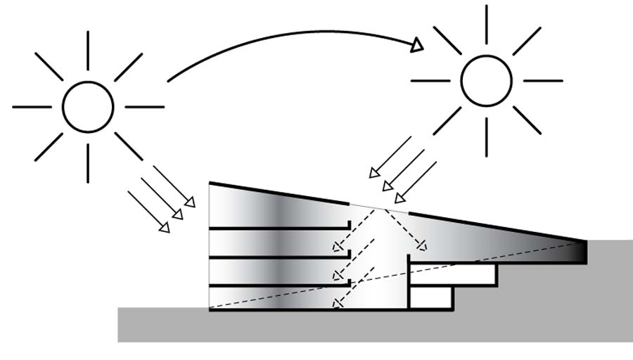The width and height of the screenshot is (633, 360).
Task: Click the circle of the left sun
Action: (88, 107)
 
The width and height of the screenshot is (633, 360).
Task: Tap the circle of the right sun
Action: (486, 81)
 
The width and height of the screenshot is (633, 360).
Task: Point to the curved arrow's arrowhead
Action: (417, 45)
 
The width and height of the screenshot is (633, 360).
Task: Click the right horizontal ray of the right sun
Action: (542, 81)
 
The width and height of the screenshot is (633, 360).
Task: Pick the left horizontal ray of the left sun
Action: (32, 107)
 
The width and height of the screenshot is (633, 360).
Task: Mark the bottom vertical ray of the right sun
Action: (486, 136)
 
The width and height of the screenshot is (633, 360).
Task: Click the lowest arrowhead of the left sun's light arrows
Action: (164, 227)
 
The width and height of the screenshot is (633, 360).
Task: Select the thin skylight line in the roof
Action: (378, 207)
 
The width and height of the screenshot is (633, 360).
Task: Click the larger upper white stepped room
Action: (453, 274)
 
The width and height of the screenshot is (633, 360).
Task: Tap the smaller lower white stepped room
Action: (430, 297)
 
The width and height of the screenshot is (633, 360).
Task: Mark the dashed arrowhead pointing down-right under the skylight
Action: (422, 246)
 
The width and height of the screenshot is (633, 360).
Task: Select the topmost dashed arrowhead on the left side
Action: (338, 247)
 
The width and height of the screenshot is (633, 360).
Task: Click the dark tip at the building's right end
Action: (580, 251)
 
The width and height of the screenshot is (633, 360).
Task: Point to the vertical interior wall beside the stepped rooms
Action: (409, 281)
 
